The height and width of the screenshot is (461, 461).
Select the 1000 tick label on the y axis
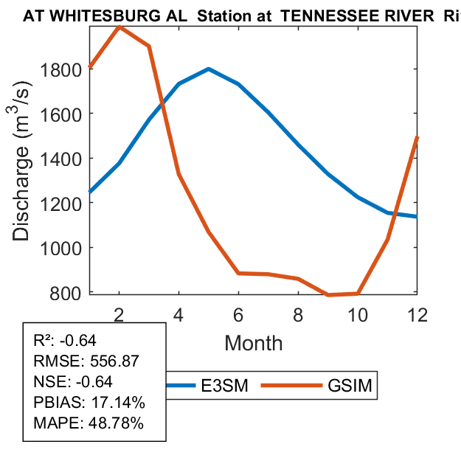point(64,248)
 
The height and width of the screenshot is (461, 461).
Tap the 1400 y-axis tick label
point(64,159)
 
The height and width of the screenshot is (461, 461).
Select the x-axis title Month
point(253,342)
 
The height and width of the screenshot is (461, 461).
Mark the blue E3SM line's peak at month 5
point(209,69)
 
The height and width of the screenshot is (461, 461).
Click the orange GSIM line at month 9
point(328,295)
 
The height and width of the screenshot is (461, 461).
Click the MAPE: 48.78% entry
point(89,423)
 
